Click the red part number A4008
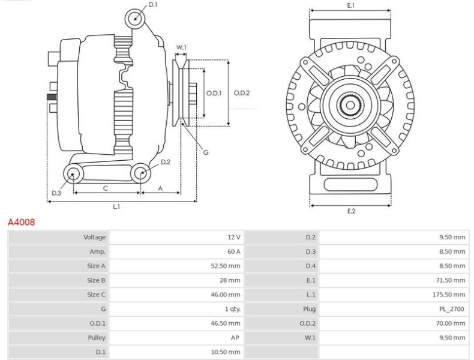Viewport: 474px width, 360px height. pos(21,222)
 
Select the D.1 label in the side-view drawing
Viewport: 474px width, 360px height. pos(153,5)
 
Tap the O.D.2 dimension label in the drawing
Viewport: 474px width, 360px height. pos(241,93)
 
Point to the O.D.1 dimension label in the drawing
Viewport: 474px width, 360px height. pos(214,93)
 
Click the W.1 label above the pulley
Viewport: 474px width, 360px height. pos(181,47)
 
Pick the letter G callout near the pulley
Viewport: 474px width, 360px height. pos(205,152)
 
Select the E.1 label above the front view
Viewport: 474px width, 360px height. pos(350,5)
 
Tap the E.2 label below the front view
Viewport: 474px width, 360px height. pos(351,211)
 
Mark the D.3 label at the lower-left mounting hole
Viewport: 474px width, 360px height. pos(56,193)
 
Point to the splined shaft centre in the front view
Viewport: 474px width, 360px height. pos(350,106)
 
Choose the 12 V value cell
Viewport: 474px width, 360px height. pos(233,238)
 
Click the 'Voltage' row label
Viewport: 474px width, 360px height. pos(94,238)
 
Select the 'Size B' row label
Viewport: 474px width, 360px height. pos(96,280)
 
